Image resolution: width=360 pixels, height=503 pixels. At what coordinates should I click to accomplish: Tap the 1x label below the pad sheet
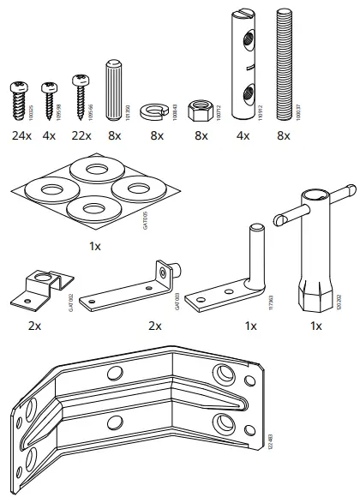(94, 246)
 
